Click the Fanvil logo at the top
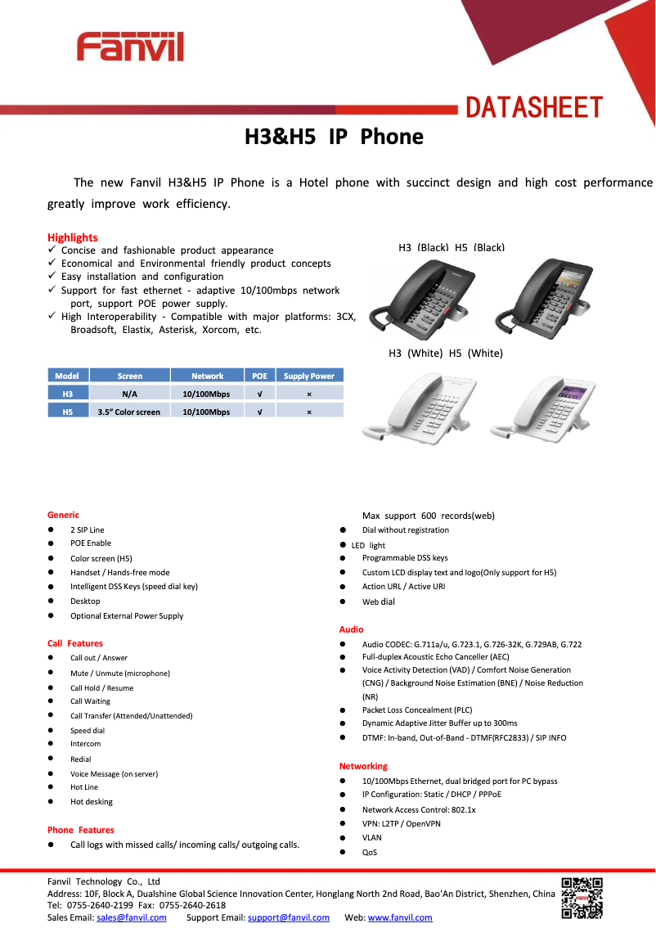[130, 47]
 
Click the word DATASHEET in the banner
[534, 107]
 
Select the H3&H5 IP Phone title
[334, 137]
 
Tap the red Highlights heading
[72, 237]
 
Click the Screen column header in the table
[129, 376]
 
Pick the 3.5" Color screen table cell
[129, 412]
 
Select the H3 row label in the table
[67, 394]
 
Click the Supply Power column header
[308, 376]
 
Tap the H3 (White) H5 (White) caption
[445, 354]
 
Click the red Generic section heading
[63, 515]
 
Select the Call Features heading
[74, 643]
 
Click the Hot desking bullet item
[92, 802]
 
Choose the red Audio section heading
[352, 629]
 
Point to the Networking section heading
[363, 766]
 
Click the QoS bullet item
[370, 853]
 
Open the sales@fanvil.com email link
[131, 917]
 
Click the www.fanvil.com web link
[400, 917]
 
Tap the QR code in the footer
[582, 897]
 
